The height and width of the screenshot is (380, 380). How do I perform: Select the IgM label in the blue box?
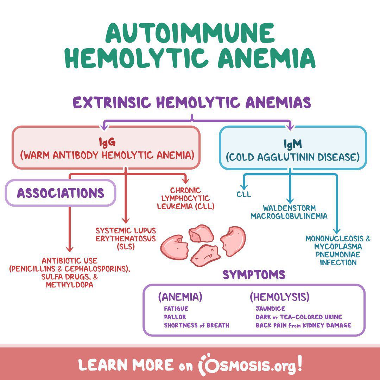pos(292,144)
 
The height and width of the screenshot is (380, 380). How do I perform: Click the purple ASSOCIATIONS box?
pos(61,193)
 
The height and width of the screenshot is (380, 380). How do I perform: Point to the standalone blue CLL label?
pos(244,194)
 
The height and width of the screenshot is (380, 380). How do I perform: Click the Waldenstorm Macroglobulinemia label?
pos(289,212)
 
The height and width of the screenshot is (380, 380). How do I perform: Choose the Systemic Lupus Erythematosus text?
pos(126,238)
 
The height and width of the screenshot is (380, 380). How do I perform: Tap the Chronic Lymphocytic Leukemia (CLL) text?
pos(185,198)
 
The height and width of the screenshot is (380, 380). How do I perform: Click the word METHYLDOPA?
pos(70,285)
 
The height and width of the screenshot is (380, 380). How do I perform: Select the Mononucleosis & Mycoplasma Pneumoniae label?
pos(338,250)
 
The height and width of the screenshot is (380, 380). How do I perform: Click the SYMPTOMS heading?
pos(254,275)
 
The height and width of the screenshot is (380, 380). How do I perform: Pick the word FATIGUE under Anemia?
pos(176,309)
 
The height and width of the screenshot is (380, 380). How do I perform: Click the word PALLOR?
pos(175,317)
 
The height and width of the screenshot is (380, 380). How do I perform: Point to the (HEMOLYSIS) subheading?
pos(279,297)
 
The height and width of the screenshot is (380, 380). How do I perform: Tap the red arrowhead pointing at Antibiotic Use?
pos(70,249)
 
